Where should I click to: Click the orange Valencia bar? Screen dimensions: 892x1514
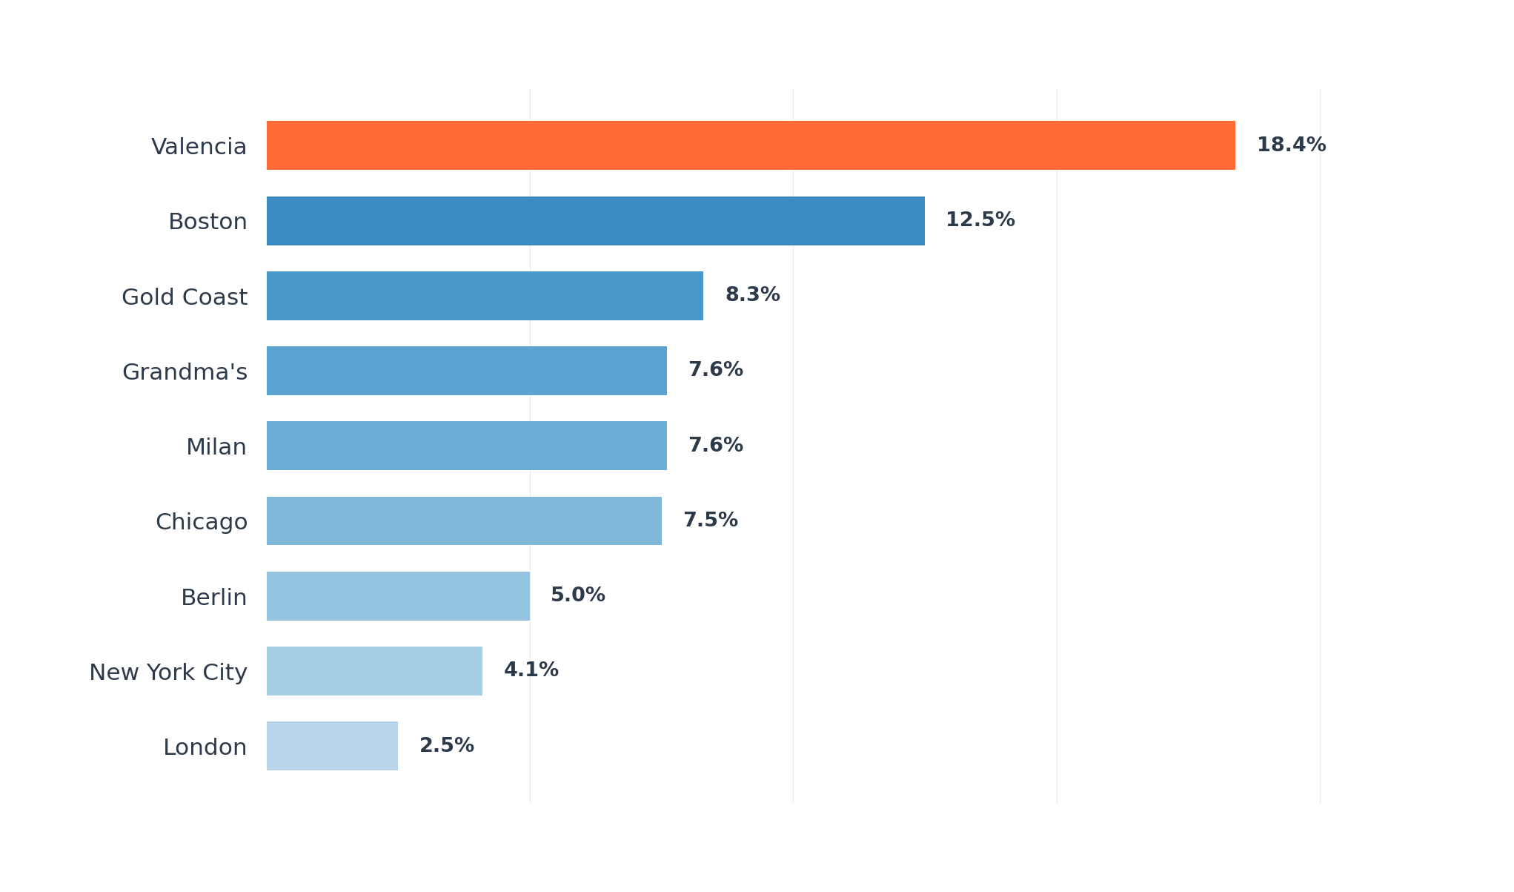coord(750,145)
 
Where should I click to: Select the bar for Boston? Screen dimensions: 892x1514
coord(595,221)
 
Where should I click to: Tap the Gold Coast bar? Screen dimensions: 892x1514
coord(485,296)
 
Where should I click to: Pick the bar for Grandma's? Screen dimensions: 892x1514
coord(466,371)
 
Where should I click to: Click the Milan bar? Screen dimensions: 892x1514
coord(466,446)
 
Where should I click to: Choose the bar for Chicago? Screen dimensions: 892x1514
coord(464,521)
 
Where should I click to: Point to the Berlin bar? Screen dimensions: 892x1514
coord(398,596)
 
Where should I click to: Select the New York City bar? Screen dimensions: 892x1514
coord(374,671)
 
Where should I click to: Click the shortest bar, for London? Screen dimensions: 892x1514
coord(332,746)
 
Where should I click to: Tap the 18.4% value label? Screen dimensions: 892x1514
coord(1291,145)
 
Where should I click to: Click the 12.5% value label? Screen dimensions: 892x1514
coord(980,220)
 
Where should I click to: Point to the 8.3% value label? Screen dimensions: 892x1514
coord(752,295)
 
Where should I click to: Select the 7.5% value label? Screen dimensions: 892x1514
coord(710,521)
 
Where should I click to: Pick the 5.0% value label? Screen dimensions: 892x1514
coord(577,595)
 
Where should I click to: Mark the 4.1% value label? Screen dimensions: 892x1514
coord(531,670)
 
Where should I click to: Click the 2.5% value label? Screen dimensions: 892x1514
coord(446,746)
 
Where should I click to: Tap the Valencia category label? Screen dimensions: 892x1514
coord(199,147)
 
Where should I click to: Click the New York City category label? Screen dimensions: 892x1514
coord(168,673)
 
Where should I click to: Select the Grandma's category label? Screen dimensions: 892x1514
coord(185,372)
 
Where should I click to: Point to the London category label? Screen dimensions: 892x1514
coord(205,747)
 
